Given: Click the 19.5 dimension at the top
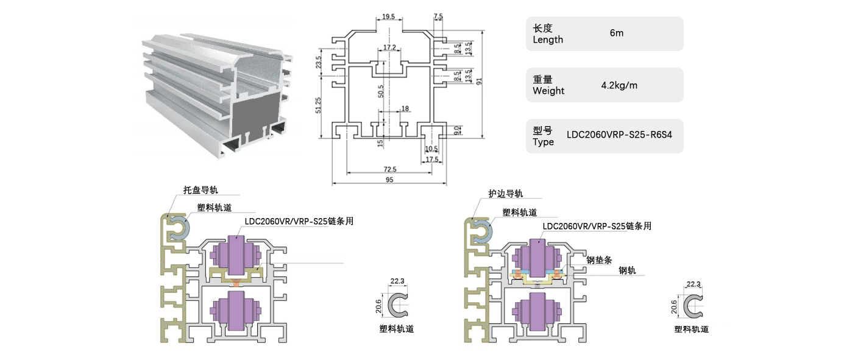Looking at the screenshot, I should click(x=388, y=16).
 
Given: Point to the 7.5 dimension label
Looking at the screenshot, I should click(x=438, y=16).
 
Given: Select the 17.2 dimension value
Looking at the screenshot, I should click(x=390, y=48).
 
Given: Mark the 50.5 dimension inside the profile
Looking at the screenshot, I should click(x=381, y=92).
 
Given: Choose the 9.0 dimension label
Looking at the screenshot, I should click(x=458, y=129).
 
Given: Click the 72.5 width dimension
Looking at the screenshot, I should click(x=390, y=169).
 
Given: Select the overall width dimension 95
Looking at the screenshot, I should click(x=389, y=180).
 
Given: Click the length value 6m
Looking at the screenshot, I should click(x=616, y=34).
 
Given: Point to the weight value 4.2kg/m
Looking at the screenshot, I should click(x=619, y=85).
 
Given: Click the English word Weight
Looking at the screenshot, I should click(x=548, y=91).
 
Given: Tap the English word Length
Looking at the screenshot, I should click(x=548, y=40).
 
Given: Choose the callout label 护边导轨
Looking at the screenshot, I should click(x=505, y=194).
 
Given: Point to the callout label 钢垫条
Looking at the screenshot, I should click(x=598, y=259).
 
